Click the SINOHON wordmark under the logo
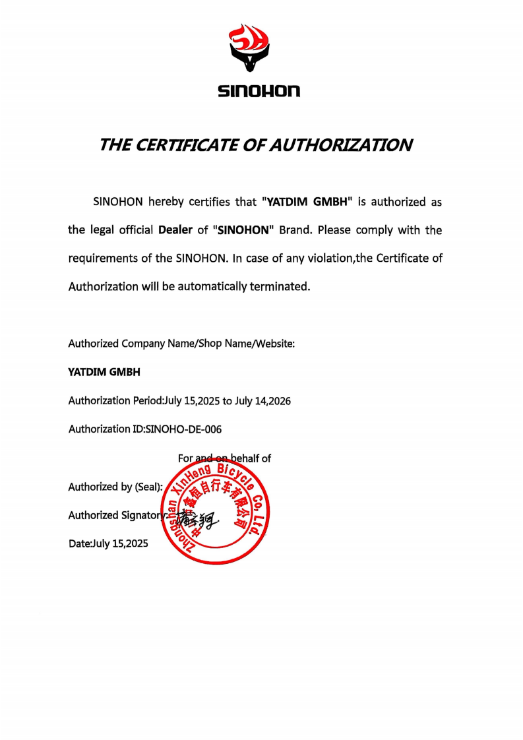pyautogui.click(x=259, y=91)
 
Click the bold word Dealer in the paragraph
pyautogui.click(x=175, y=230)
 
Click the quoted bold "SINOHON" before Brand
pyautogui.click(x=243, y=230)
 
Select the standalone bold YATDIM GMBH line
pyautogui.click(x=104, y=372)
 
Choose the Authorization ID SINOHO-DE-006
pyautogui.click(x=183, y=429)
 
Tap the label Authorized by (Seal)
pyautogui.click(x=115, y=487)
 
